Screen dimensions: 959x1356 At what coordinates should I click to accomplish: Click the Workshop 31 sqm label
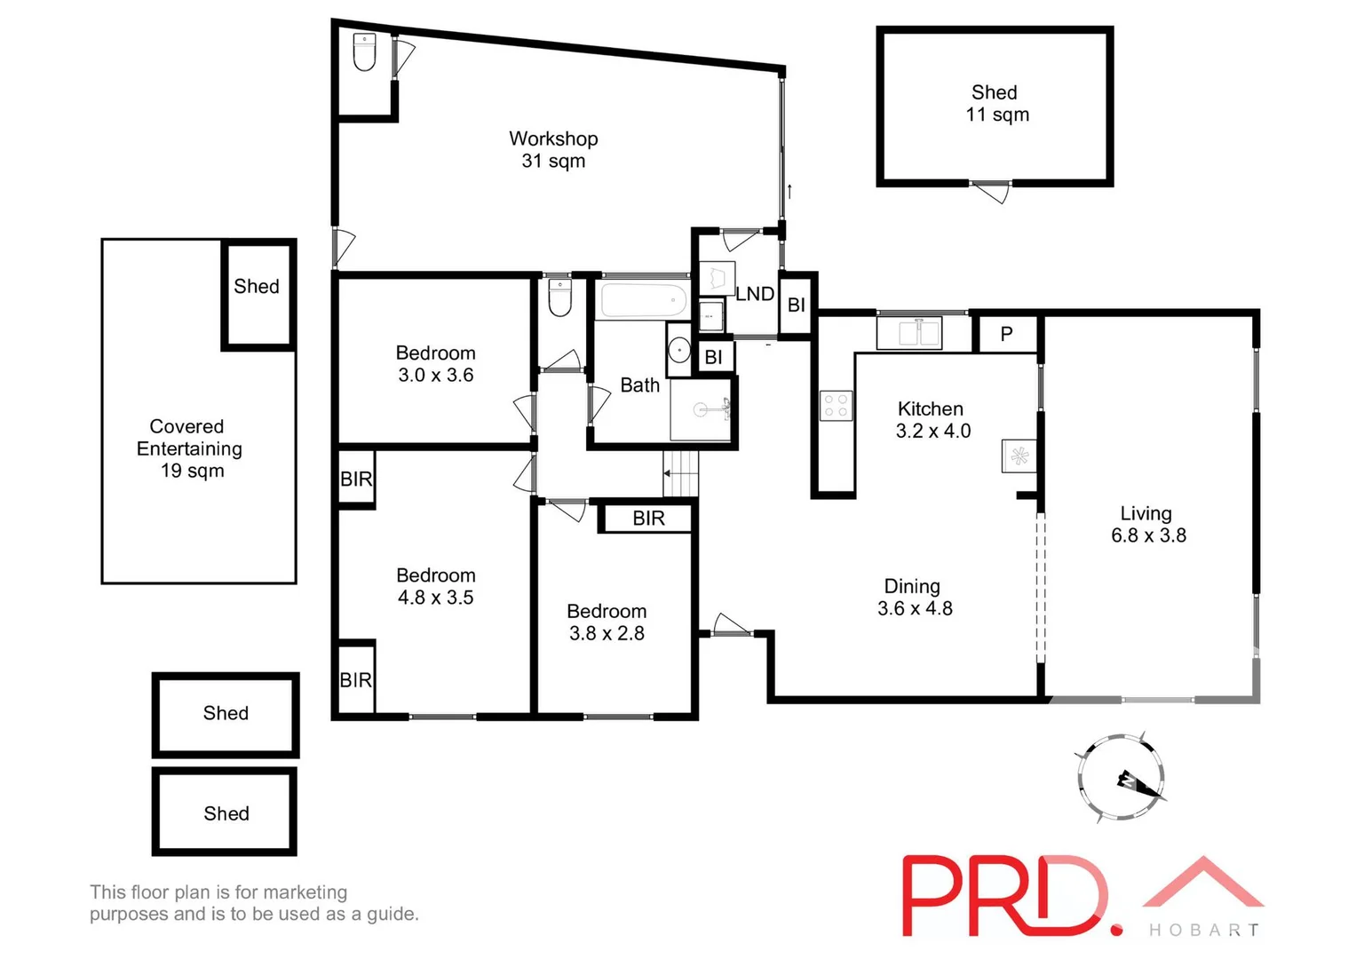552,149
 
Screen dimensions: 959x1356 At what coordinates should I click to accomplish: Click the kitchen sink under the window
908,333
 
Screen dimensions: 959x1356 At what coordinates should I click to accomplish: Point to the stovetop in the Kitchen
836,406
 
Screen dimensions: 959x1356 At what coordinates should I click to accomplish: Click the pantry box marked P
1006,334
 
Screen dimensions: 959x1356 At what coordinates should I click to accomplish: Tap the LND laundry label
755,294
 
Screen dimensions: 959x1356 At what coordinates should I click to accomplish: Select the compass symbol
1121,778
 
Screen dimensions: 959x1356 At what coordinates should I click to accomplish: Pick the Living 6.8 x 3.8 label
1147,524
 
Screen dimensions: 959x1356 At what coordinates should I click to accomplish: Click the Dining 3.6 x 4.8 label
914,597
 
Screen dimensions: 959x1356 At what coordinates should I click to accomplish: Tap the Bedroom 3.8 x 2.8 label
607,622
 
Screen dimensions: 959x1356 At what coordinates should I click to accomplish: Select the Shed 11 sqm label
995,103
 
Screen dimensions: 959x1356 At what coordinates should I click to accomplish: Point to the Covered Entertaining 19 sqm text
189,448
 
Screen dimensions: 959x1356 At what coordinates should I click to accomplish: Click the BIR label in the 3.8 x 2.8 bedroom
648,518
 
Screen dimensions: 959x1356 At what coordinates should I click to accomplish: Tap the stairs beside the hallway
681,472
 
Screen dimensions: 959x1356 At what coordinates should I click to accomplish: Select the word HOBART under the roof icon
1204,930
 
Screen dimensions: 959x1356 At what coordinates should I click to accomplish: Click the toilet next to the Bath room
559,298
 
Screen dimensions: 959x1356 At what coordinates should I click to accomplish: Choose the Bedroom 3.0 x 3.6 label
435,363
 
